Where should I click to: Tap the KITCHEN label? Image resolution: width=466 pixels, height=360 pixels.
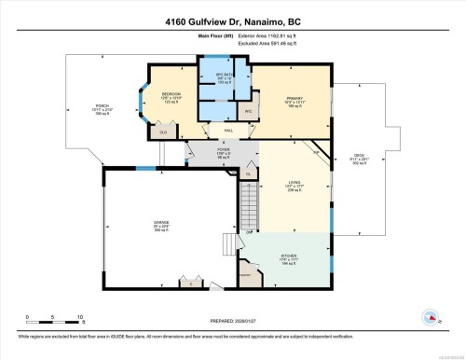[289, 255]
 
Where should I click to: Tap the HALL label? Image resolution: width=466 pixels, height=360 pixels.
[226, 131]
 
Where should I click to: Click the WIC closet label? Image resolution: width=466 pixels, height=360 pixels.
[248, 111]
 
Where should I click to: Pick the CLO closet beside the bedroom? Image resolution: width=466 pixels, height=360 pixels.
[163, 132]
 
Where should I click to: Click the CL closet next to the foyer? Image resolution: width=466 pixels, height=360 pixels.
[248, 173]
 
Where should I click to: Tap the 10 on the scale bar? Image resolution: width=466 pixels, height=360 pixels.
[81, 317]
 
